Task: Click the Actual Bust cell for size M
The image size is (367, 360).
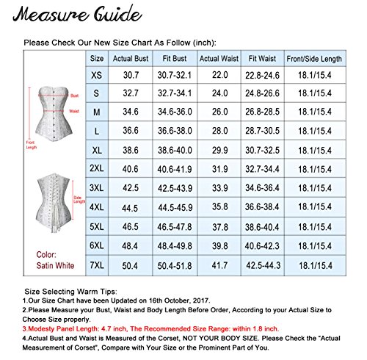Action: (x=126, y=110)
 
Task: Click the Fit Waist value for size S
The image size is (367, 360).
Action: (x=262, y=93)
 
